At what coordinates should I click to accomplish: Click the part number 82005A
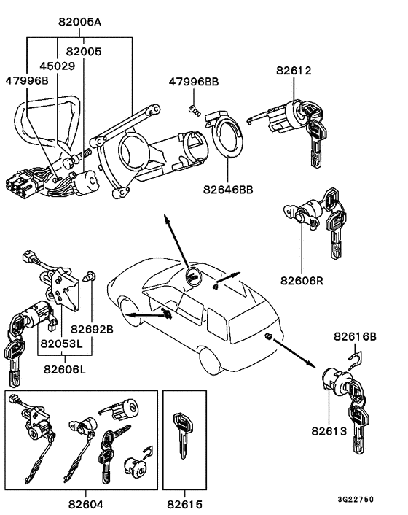pos(80,22)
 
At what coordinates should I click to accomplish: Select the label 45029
pos(58,66)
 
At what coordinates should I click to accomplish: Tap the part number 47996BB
pos(194,82)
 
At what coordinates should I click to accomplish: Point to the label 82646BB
pos(228,190)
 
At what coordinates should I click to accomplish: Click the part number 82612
pos(294,71)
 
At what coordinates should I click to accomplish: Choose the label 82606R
pos(302,281)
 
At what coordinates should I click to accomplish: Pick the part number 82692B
pos(92,329)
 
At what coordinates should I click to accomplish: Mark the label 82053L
pos(62,344)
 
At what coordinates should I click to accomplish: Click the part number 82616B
pos(356,336)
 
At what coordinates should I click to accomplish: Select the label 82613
pos(329,431)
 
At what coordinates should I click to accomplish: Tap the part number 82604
pos(86,504)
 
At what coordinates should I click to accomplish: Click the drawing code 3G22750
pos(356,500)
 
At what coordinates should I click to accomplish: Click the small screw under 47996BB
pos(195,110)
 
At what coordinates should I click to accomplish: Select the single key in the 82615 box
pos(183,435)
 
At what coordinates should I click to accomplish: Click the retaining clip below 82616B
pos(355,360)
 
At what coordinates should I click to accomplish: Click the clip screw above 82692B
pos(90,276)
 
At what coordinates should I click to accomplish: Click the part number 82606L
pos(65,370)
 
